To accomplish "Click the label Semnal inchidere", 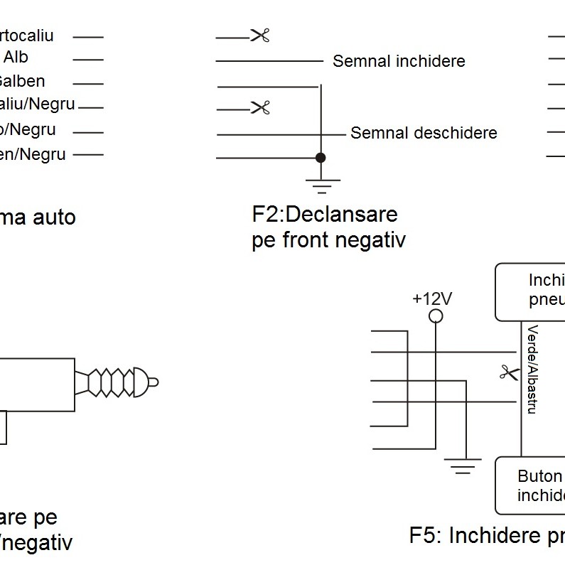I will tap(399, 61).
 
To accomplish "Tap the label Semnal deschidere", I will tap(424, 133).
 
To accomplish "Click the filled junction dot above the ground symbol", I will tap(321, 157).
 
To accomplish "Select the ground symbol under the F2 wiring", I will tap(322, 186).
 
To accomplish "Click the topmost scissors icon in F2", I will tap(260, 36).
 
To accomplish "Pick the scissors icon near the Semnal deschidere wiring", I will tap(261, 108).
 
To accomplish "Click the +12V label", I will tap(432, 298).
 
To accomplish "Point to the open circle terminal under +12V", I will tap(436, 316).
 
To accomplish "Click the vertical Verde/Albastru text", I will tap(532, 370).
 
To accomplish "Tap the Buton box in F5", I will tap(530, 485).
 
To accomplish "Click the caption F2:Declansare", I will tap(325, 214).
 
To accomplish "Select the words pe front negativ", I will tap(328, 240).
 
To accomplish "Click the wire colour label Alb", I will tap(16, 57).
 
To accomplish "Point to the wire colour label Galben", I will tap(21, 82).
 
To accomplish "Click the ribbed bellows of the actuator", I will tap(107, 382).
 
